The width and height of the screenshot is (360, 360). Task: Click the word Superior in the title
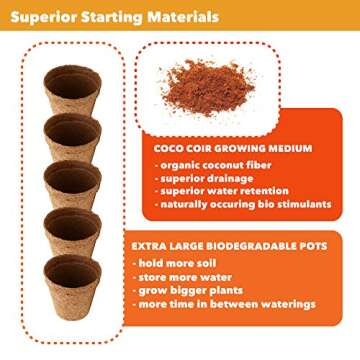[x=43, y=17]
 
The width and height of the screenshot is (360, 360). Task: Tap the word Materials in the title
[x=184, y=17]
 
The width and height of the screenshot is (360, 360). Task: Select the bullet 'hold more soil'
[x=186, y=264]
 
